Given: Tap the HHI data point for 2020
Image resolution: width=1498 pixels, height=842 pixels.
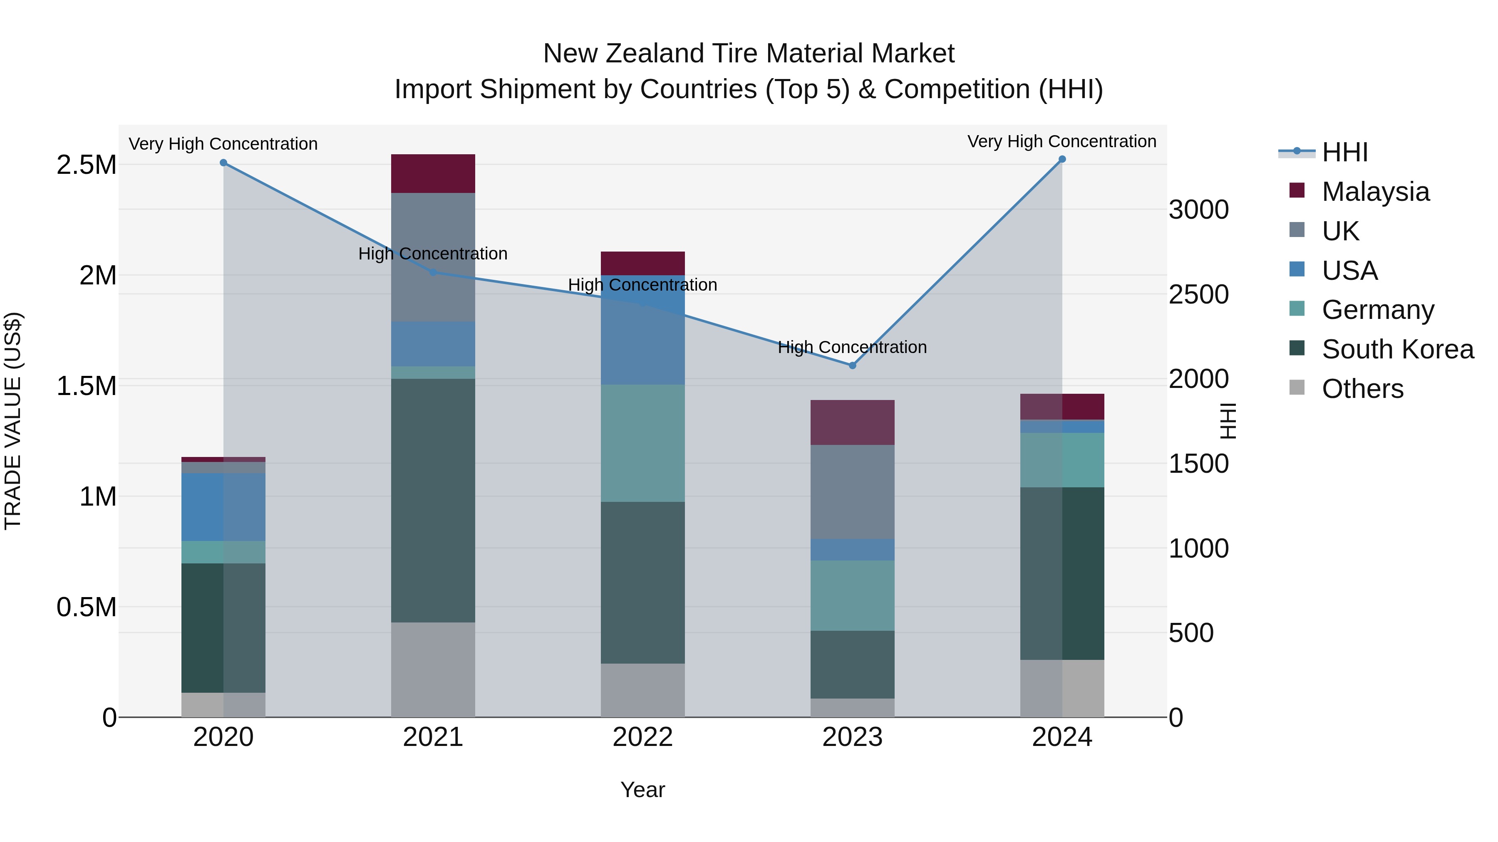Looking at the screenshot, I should [x=223, y=163].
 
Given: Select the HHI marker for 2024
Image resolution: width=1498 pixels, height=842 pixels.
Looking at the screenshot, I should [x=1062, y=159].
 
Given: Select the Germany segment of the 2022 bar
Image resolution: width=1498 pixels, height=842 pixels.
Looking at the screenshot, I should [x=642, y=443].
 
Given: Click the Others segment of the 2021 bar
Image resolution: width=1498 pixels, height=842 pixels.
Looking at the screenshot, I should [x=433, y=669].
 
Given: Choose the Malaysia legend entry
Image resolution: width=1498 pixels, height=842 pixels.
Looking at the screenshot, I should [x=1375, y=192].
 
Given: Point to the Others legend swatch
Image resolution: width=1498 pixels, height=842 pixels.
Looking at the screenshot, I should [x=1297, y=388].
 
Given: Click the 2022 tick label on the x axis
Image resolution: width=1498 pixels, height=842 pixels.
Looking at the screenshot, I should [x=642, y=737].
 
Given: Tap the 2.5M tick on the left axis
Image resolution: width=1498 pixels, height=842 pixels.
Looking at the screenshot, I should [x=87, y=165].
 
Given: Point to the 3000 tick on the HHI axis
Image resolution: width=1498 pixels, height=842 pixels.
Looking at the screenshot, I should [x=1198, y=210].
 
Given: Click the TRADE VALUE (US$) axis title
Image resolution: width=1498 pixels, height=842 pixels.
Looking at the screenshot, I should [x=13, y=421].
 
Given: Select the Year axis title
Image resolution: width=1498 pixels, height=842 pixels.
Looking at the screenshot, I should [x=642, y=790].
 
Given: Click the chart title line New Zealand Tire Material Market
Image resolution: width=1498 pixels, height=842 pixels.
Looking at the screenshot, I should [x=749, y=54].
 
